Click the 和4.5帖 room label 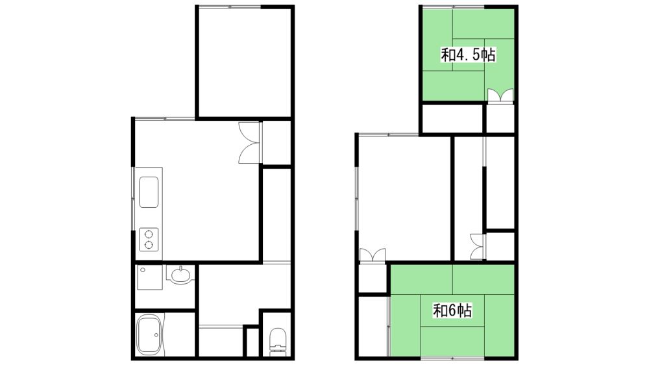[x=468, y=55]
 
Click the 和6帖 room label [x=452, y=310]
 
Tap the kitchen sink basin [x=149, y=192]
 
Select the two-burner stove [x=149, y=240]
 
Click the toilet [x=277, y=342]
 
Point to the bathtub [x=148, y=334]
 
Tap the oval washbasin [x=180, y=274]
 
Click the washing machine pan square [x=149, y=277]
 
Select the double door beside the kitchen [x=249, y=143]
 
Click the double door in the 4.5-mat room [x=500, y=95]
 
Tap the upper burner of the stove [x=149, y=234]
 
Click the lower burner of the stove [x=149, y=245]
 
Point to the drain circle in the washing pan [x=142, y=270]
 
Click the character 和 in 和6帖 [x=439, y=310]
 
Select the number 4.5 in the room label [x=469, y=55]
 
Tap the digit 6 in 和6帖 [x=452, y=310]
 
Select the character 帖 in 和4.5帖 [x=489, y=55]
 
